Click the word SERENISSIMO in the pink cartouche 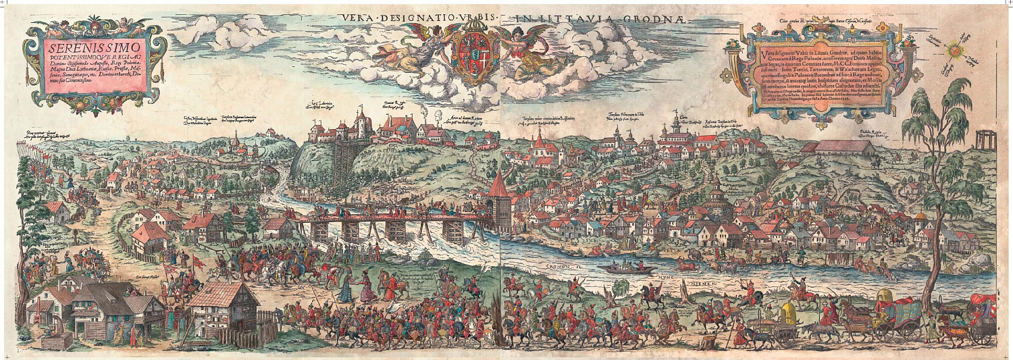[x=94, y=48]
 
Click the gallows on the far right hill [x=985, y=138]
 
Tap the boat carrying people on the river [x=629, y=268]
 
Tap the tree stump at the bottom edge [x=708, y=343]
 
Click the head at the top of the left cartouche [x=94, y=24]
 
